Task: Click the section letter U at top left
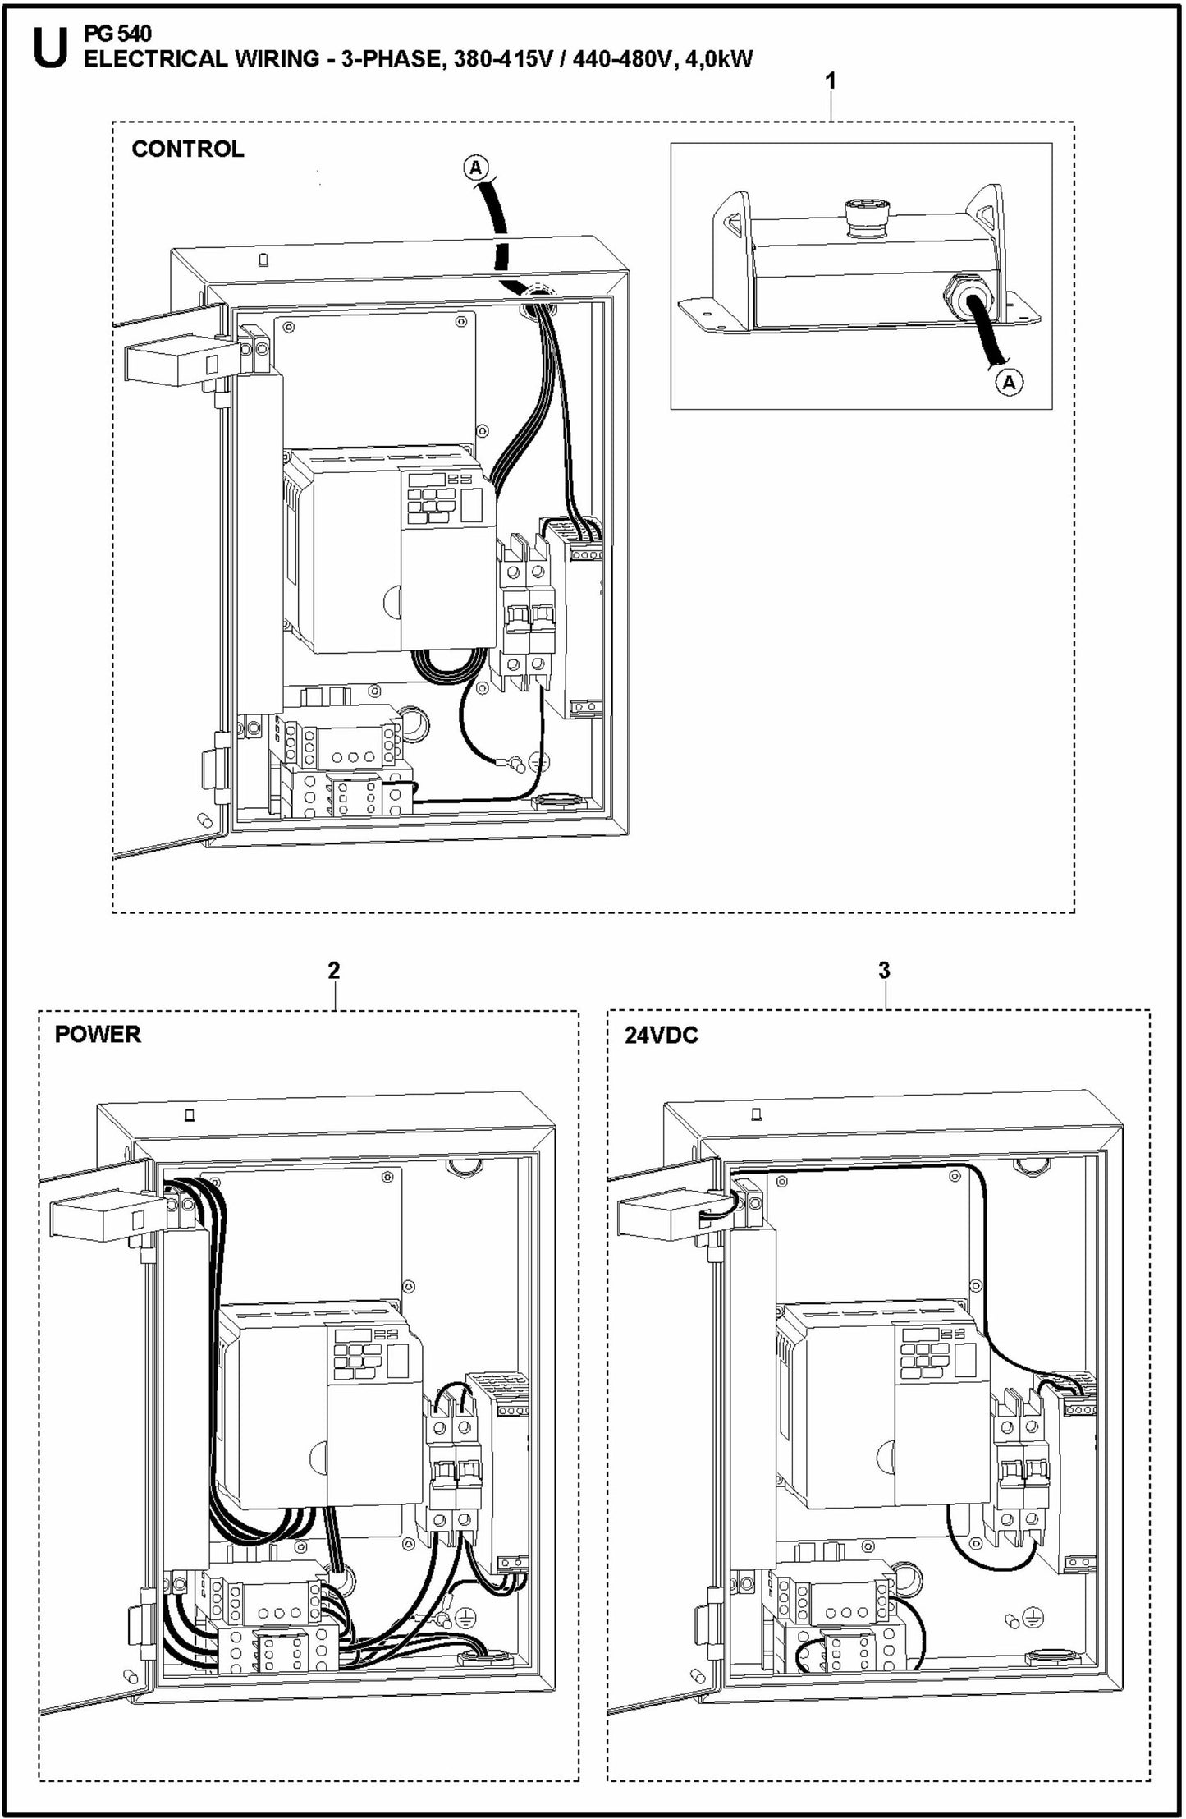[x=48, y=50]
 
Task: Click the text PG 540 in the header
[x=117, y=34]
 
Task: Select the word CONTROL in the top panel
[x=188, y=149]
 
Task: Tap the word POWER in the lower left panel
[x=98, y=1034]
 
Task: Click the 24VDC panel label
[x=661, y=1035]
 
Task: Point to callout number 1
[x=831, y=81]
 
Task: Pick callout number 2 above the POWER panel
[x=333, y=970]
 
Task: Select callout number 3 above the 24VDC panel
[x=884, y=970]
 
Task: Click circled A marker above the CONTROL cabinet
[x=476, y=168]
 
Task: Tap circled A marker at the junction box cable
[x=1010, y=382]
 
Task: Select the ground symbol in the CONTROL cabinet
[x=534, y=760]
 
